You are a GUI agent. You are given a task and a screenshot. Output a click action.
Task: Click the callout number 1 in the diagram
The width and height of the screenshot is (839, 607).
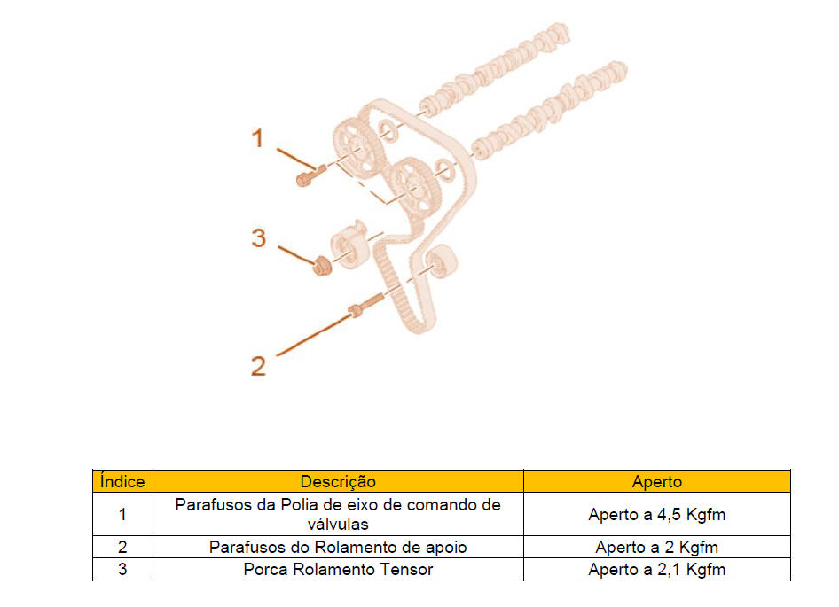click(258, 138)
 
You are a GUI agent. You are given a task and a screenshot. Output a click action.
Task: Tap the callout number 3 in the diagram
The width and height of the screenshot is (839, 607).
click(259, 238)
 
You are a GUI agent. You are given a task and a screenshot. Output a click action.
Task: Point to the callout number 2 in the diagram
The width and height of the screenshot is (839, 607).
click(258, 366)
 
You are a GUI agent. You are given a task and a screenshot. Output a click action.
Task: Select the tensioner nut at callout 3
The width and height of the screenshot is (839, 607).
click(322, 266)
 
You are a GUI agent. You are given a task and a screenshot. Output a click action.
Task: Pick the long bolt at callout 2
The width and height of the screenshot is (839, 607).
click(366, 305)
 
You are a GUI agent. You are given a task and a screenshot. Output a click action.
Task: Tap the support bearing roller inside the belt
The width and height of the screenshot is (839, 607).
click(442, 261)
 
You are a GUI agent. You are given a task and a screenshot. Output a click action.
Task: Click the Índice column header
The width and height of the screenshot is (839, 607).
click(122, 481)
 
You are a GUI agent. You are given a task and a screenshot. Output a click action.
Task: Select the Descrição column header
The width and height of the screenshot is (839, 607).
click(338, 481)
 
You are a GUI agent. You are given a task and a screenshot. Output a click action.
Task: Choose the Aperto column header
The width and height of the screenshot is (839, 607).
click(657, 481)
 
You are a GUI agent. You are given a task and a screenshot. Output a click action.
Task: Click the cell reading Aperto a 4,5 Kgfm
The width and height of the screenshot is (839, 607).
click(657, 515)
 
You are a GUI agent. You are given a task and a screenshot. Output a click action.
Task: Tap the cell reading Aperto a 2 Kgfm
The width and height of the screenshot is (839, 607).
click(657, 547)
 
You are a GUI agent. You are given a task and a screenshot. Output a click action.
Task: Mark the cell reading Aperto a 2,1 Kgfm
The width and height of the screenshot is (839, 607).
click(657, 570)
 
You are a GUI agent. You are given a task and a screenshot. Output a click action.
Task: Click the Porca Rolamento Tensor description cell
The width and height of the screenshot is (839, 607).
click(338, 570)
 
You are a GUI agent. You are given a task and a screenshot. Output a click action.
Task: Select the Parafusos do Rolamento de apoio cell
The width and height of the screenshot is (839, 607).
click(338, 547)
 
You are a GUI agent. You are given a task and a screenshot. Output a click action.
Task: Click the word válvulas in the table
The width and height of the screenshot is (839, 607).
click(338, 524)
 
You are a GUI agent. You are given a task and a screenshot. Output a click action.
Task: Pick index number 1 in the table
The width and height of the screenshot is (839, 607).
click(122, 515)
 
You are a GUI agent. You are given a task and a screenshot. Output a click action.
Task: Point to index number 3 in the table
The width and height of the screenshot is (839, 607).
click(122, 570)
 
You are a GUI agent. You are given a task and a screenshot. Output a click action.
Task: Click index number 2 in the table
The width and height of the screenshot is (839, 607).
click(122, 547)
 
